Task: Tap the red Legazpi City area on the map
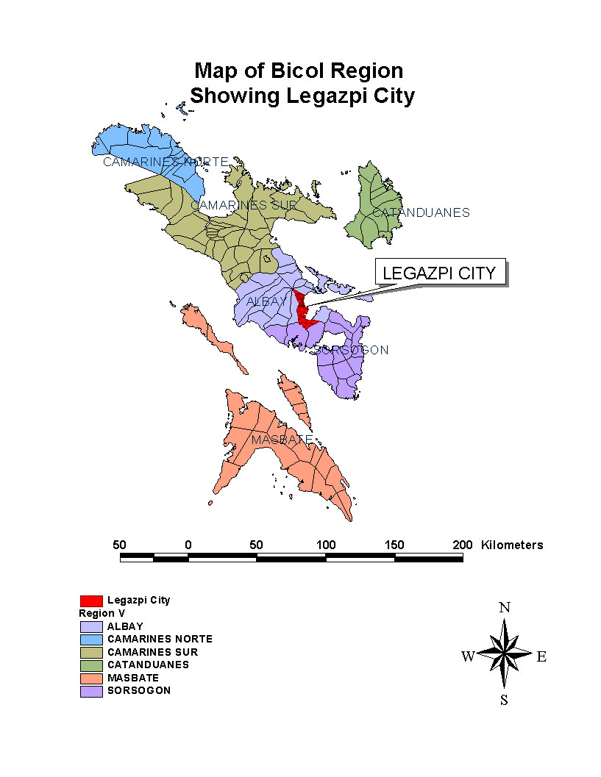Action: (302, 312)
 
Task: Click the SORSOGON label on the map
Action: (351, 350)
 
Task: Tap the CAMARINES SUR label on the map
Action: (243, 205)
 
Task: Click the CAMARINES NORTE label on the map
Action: (166, 162)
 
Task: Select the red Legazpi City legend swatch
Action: (91, 601)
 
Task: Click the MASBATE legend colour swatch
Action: (91, 678)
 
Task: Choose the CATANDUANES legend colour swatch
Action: (91, 665)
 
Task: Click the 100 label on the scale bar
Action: (326, 545)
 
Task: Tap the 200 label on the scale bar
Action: (462, 545)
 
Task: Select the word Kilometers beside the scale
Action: (512, 545)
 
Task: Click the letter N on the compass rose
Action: (505, 607)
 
